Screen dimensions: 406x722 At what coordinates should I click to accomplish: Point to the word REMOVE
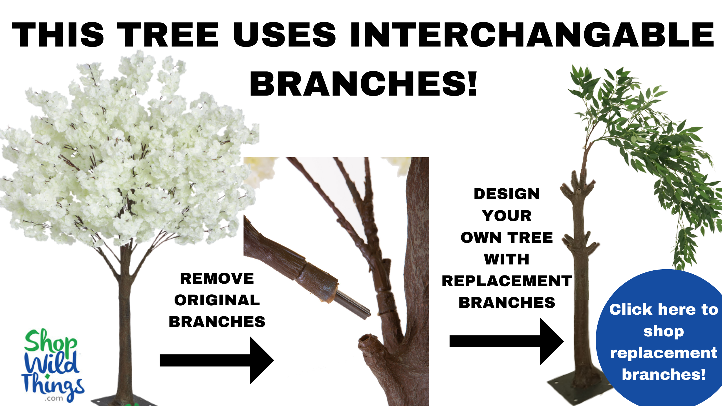tap(217, 279)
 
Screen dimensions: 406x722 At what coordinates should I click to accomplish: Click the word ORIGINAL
tap(217, 300)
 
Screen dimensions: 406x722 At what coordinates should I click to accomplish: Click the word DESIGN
tap(507, 194)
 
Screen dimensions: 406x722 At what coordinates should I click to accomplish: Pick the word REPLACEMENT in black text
tap(507, 281)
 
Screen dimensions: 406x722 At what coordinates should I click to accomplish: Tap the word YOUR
tap(507, 216)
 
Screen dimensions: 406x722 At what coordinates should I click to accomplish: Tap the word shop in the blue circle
tap(664, 331)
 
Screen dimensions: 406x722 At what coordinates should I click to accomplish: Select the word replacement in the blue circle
tap(664, 353)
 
